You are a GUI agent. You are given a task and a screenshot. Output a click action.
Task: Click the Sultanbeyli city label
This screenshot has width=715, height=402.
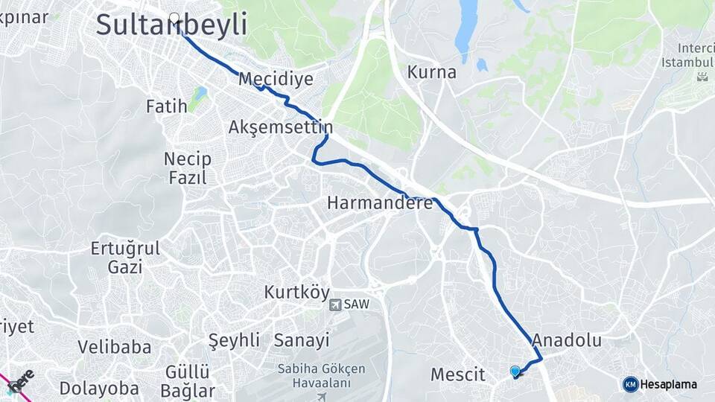(x=171, y=25)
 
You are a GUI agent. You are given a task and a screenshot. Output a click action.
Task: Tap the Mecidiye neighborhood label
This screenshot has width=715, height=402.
(x=276, y=79)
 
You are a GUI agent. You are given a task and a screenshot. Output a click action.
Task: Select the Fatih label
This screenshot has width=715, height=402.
(x=166, y=106)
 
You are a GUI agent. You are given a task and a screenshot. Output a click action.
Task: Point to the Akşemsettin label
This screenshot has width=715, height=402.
(x=280, y=127)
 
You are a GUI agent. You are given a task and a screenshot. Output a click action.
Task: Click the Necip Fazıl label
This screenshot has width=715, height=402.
(x=187, y=168)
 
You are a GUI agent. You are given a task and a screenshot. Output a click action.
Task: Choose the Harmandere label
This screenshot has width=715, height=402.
(x=380, y=202)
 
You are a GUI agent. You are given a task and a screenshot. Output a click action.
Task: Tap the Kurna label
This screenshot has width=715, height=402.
(x=431, y=73)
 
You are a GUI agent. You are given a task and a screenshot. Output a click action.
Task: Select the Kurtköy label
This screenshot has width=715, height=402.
(x=296, y=293)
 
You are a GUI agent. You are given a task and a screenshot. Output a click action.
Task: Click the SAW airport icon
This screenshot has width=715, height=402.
(x=335, y=304)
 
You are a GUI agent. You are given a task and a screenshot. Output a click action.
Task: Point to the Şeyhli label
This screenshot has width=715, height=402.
(x=234, y=341)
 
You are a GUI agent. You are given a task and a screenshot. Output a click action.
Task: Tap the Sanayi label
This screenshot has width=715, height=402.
(x=301, y=341)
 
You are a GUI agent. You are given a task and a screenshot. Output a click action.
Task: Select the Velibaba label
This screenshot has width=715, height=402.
(x=115, y=347)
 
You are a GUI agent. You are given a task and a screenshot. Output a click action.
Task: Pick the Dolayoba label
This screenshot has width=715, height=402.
(x=99, y=389)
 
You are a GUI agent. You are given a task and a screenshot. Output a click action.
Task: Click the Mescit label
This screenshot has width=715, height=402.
(x=458, y=374)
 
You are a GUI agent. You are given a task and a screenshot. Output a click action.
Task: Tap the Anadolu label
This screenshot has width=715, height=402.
(x=566, y=341)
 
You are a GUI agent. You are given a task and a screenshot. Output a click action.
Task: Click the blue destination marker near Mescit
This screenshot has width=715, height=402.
(x=515, y=371)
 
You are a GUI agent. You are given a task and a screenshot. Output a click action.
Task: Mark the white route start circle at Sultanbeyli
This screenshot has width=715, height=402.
(x=175, y=18)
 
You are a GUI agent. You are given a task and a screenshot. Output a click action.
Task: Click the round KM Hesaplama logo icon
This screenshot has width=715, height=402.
(x=631, y=384)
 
